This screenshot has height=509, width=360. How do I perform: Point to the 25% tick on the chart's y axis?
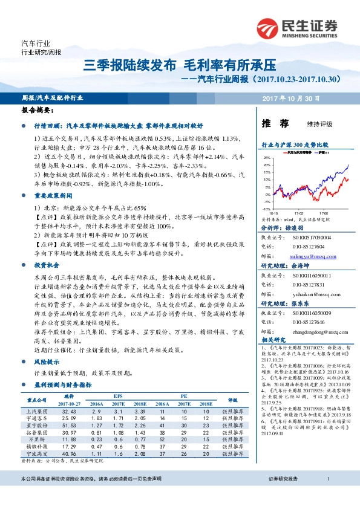click(x=267, y=157)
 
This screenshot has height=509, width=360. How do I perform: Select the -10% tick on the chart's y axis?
click(x=267, y=209)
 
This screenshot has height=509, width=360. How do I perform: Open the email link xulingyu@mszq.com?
click(x=307, y=257)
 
